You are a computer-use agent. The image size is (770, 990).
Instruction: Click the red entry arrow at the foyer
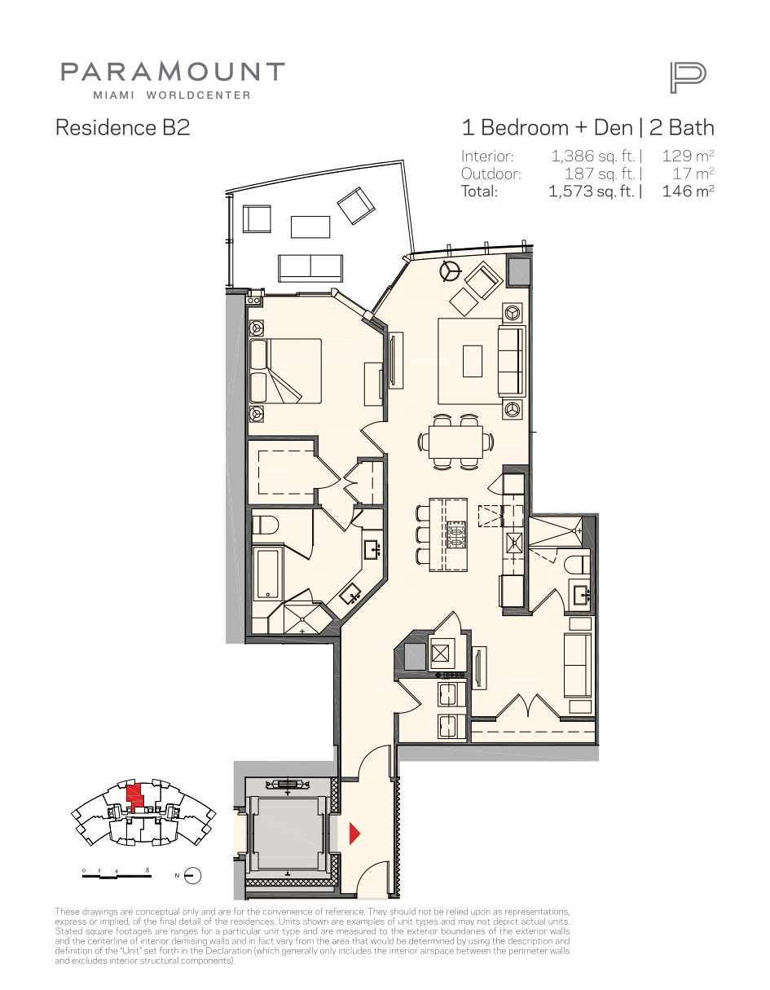[x=354, y=834]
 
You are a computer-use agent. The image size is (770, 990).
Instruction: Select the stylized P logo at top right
[x=688, y=78]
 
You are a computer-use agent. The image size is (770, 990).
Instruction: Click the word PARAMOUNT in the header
[x=173, y=72]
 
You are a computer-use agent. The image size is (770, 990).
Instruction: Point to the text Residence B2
[x=122, y=127]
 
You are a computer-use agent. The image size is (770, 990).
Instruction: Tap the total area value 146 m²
[x=688, y=191]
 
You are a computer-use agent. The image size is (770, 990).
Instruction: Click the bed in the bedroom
[x=286, y=371]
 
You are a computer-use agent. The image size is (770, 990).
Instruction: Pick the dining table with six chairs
[x=455, y=442]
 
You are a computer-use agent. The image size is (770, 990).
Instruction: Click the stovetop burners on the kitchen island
[x=456, y=535]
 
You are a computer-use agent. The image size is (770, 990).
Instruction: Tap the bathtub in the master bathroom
[x=267, y=574]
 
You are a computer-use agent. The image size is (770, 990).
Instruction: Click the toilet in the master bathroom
[x=265, y=526]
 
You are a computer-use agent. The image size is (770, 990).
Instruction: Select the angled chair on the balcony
[x=356, y=205]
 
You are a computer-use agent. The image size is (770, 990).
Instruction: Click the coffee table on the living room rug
[x=473, y=361]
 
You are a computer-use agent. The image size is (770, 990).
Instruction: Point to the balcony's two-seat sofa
[x=310, y=268]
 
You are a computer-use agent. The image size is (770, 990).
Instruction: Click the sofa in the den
[x=578, y=665]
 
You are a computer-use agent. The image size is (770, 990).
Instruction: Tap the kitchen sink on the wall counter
[x=514, y=543]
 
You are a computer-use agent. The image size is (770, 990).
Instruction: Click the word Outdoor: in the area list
[x=491, y=174]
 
